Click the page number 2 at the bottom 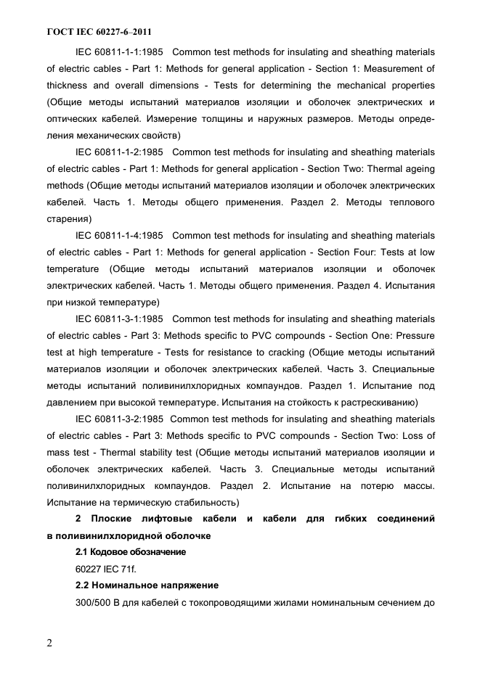[x=50, y=643]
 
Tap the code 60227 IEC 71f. [x=110, y=569]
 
